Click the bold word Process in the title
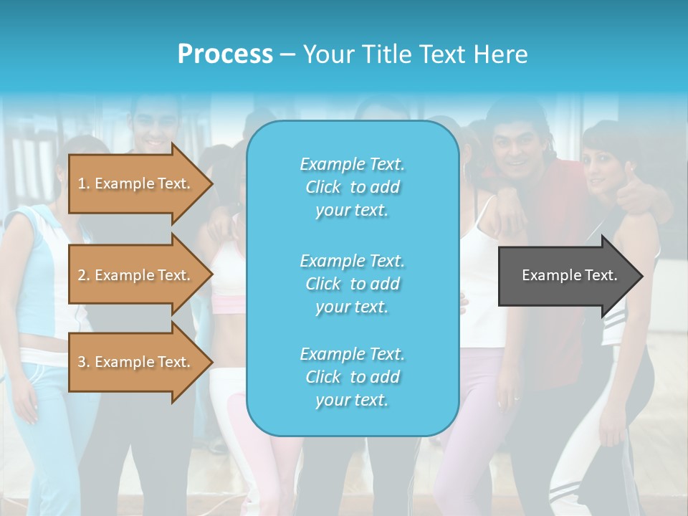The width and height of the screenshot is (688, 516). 225,54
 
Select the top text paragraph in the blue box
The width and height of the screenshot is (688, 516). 352,187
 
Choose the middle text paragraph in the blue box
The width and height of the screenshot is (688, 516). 352,283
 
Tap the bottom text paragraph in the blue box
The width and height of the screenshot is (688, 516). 352,376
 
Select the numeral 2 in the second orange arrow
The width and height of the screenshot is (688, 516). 82,275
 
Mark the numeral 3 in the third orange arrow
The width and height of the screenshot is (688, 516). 82,362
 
